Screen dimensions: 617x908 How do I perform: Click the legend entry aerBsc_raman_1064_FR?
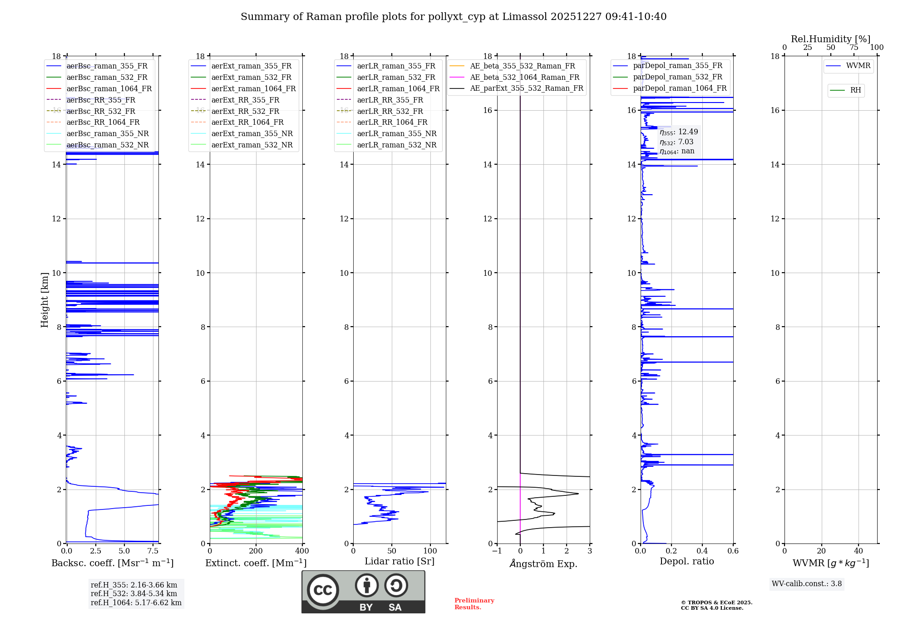click(x=109, y=89)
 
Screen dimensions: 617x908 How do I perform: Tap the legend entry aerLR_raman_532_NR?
click(x=396, y=145)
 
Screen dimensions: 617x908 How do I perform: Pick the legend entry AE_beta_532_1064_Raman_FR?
click(x=524, y=78)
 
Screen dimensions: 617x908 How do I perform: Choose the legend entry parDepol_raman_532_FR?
click(x=677, y=77)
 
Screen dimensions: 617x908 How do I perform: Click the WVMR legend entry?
click(x=858, y=66)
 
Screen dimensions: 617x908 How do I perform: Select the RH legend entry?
click(x=855, y=90)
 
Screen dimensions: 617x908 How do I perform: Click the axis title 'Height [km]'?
click(x=44, y=299)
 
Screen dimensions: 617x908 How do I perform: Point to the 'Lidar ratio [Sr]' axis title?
click(x=400, y=562)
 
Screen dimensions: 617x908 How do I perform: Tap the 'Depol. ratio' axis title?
click(x=686, y=562)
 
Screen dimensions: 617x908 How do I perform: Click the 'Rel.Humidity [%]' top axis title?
click(x=830, y=39)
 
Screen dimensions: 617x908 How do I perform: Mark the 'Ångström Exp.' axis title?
click(x=543, y=564)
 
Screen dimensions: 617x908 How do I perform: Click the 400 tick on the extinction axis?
click(x=302, y=551)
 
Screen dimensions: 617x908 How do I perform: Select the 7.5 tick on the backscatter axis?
click(x=153, y=551)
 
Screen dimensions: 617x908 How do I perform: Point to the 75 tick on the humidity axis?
click(x=854, y=48)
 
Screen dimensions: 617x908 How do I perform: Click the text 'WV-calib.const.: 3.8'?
click(x=807, y=584)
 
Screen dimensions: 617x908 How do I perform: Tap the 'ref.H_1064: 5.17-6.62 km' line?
click(x=136, y=603)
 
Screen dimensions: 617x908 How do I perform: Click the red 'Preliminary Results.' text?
click(x=474, y=604)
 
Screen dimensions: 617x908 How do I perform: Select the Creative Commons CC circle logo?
click(x=323, y=590)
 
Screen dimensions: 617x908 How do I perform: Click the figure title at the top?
click(x=454, y=17)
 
